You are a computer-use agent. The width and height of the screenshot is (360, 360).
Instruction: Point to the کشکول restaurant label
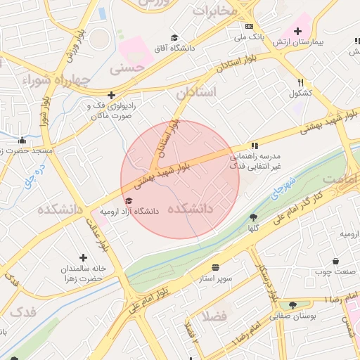(300, 93)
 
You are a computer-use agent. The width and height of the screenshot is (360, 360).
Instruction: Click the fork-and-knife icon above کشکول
(300, 82)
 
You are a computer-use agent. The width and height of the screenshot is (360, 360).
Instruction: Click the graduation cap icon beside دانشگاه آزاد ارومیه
(128, 201)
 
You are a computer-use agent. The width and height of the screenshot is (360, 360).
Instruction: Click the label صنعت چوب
(333, 270)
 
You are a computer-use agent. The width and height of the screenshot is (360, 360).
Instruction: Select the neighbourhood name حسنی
(133, 68)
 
